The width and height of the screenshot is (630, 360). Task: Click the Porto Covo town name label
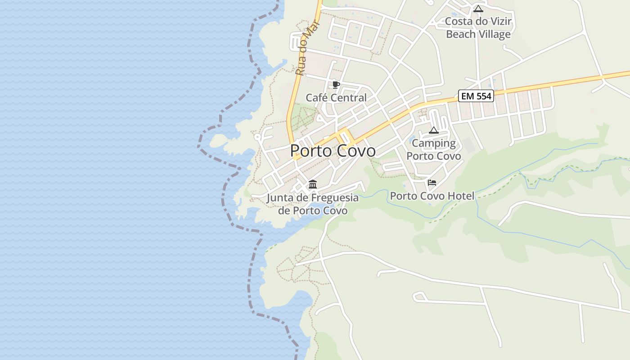tap(333, 151)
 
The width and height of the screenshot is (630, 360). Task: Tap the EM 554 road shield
tap(476, 96)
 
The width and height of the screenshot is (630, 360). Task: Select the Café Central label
tap(336, 98)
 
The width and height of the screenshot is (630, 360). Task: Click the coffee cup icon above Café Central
tap(336, 85)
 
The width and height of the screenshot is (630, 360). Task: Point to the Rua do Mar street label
tap(305, 49)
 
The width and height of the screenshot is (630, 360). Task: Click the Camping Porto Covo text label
tap(434, 149)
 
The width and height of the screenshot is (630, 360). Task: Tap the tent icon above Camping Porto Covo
tap(434, 130)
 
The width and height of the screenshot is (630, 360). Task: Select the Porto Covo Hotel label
tap(432, 196)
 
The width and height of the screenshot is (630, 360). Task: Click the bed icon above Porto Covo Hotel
tap(432, 182)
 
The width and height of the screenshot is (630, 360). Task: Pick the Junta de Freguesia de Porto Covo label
tap(313, 204)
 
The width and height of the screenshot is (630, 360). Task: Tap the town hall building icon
tap(313, 184)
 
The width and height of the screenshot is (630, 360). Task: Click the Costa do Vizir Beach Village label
tap(478, 28)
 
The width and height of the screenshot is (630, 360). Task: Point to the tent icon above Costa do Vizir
tap(478, 9)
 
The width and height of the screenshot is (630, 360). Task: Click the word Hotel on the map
tap(460, 196)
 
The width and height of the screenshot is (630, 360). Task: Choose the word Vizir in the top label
tap(500, 22)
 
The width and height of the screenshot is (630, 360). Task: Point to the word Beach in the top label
tap(460, 34)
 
